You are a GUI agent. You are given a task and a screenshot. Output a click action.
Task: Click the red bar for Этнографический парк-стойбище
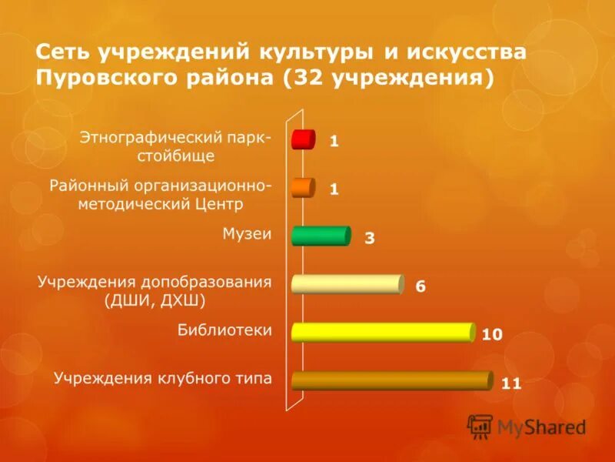pos(303,140)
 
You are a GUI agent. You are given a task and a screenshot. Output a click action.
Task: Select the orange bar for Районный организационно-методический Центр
pos(303,188)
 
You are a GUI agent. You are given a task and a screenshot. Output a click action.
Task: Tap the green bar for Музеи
pos(321,236)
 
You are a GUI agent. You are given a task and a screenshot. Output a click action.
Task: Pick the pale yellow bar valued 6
pos(347,284)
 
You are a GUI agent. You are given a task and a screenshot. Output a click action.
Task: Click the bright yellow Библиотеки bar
pos(382,332)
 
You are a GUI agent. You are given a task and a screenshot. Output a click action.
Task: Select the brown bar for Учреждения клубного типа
pos(391,380)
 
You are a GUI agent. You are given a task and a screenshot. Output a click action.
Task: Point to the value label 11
pos(511,383)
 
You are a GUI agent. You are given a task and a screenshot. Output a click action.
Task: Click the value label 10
pos(492,334)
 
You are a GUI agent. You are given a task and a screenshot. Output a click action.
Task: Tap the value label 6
pos(421,286)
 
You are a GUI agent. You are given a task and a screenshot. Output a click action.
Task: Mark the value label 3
pos(370,239)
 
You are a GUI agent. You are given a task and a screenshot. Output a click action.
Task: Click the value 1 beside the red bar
pos(334,141)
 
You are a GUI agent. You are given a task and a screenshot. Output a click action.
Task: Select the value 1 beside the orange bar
pos(334,189)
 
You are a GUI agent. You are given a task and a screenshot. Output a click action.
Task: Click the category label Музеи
pos(247,233)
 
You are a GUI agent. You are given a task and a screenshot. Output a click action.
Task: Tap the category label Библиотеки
pos(225,330)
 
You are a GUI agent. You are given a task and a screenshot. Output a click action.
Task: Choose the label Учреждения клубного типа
pos(162,378)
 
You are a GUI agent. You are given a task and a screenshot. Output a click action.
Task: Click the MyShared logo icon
pos(480,426)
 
